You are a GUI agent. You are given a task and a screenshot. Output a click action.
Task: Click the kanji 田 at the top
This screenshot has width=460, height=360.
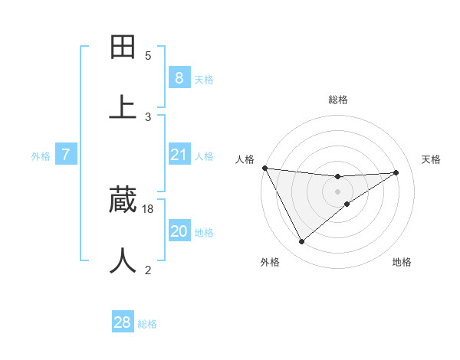click(123, 47)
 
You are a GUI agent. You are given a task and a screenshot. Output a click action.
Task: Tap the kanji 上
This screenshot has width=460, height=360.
click(123, 106)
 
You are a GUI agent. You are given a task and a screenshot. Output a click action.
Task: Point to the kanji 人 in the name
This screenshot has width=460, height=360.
click(123, 260)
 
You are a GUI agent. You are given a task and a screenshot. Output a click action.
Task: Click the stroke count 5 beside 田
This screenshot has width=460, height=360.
click(148, 55)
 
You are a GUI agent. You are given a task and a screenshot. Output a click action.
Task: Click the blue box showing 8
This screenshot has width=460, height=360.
click(179, 77)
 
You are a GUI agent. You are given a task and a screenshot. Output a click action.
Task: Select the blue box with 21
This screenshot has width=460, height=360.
click(179, 155)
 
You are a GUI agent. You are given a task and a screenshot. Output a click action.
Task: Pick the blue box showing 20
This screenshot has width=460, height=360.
click(179, 232)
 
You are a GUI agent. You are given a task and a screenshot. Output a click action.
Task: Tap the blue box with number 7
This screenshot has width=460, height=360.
click(66, 155)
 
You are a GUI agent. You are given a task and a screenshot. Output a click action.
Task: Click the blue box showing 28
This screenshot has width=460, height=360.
click(123, 322)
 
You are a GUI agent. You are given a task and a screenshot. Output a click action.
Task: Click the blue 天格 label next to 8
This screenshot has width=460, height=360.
click(204, 79)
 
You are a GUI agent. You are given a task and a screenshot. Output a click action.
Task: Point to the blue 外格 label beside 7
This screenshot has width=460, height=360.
click(41, 156)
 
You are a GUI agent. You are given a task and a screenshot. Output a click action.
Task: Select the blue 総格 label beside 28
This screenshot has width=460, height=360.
click(147, 324)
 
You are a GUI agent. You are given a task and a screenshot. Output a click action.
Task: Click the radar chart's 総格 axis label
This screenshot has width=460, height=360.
click(337, 100)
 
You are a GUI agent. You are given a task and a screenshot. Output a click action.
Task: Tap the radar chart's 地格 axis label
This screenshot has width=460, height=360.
click(402, 262)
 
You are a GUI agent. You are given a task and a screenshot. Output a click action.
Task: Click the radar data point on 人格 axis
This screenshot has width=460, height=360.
click(264, 168)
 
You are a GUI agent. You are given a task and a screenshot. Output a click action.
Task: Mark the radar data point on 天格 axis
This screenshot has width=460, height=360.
click(396, 172)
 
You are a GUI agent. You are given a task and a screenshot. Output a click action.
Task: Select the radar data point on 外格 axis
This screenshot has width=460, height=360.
click(301, 242)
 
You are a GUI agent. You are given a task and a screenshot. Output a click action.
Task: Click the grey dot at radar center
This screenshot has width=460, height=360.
click(337, 191)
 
